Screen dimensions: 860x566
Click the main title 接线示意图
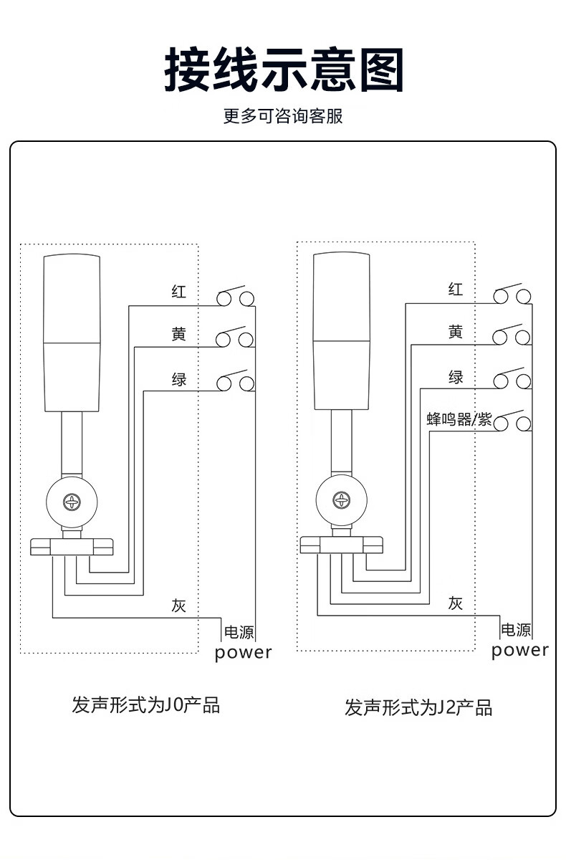point(284,70)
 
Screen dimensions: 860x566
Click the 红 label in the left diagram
point(179,292)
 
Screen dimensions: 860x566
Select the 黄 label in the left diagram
point(179,334)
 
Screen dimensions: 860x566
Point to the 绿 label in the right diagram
point(456,377)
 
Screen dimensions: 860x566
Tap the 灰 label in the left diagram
point(179,605)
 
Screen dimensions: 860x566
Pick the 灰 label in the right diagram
point(456,603)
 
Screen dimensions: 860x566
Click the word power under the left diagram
point(244,653)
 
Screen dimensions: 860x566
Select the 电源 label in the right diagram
point(516,630)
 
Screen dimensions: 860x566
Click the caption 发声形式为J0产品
point(145,705)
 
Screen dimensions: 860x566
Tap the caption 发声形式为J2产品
point(418,709)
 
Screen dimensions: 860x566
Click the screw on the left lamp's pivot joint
point(72,501)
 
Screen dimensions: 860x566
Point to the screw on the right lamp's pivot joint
point(342,499)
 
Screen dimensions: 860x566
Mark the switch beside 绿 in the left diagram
point(236,382)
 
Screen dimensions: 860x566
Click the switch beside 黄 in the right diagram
point(512,335)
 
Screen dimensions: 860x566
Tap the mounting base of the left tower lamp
point(72,547)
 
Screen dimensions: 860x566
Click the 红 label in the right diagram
point(456,290)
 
